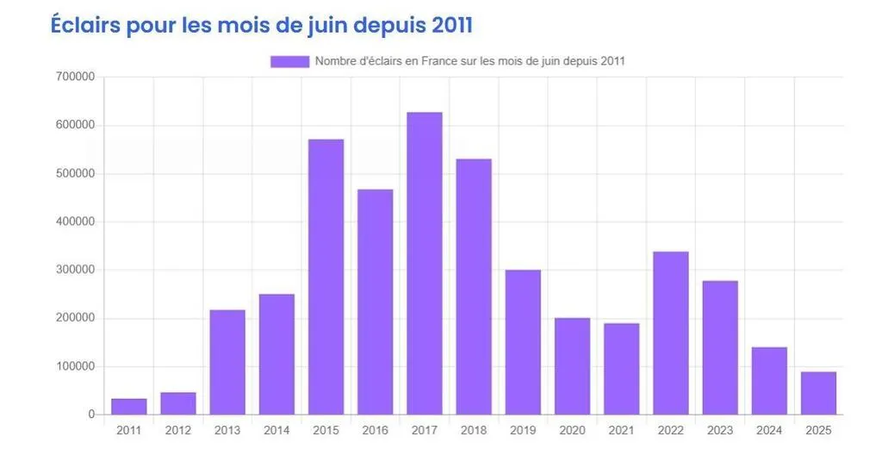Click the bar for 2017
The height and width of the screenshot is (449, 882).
pos(424,263)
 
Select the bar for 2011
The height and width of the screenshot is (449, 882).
pos(129,407)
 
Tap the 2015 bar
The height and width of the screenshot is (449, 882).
pos(326,277)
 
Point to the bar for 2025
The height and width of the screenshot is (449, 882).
pos(817,393)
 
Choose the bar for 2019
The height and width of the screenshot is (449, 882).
pos(523,342)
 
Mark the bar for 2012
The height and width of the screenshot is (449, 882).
pos(178,403)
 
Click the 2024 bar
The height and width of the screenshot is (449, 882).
pos(769,381)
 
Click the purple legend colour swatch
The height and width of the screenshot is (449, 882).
pos(289,61)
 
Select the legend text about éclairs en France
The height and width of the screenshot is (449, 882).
pos(469,61)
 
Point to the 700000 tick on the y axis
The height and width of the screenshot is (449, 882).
pos(75,77)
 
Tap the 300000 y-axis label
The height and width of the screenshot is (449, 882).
pos(75,270)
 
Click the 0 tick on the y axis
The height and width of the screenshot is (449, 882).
pos(90,415)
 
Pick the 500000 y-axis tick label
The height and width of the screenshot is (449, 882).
pos(75,173)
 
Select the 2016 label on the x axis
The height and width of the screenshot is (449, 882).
pos(375,430)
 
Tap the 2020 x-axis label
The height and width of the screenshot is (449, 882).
pos(572,430)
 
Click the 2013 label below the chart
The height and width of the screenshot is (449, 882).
pos(227,430)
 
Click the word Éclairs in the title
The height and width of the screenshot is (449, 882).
pos(85,25)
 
